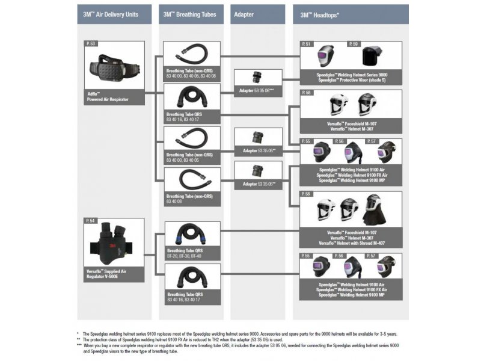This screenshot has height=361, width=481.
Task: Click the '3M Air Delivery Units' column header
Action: click(114, 14)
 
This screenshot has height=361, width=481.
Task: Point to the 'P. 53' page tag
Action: click(91, 45)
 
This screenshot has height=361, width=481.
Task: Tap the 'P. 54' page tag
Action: click(91, 221)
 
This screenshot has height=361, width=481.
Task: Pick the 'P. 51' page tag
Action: click(307, 44)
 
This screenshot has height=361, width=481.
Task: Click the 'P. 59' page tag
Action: click(355, 44)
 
